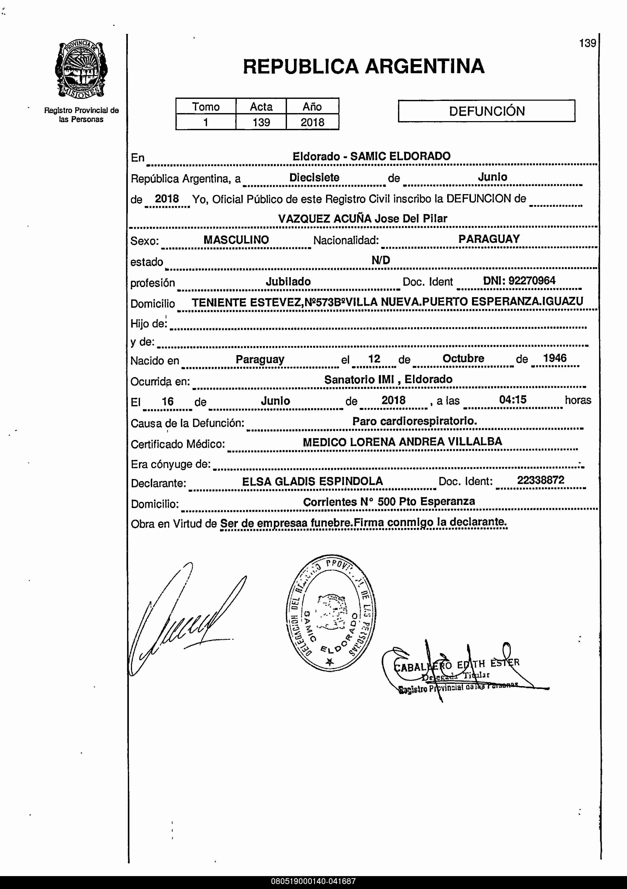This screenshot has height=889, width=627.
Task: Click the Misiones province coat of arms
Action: pyautogui.click(x=81, y=70)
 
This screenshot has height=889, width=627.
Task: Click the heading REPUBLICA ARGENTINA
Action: pyautogui.click(x=363, y=66)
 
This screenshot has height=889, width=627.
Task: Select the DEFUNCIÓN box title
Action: pyautogui.click(x=486, y=111)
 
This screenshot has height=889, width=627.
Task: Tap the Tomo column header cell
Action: pyautogui.click(x=206, y=106)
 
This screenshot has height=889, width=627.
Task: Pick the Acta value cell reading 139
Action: pyautogui.click(x=261, y=122)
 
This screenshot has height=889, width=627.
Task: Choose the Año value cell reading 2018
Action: pyautogui.click(x=312, y=122)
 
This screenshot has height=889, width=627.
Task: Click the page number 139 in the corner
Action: pyautogui.click(x=587, y=43)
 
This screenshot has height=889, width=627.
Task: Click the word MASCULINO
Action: pyautogui.click(x=236, y=240)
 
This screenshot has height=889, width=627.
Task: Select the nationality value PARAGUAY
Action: pyautogui.click(x=489, y=239)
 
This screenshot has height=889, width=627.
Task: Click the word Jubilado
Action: pyautogui.click(x=288, y=282)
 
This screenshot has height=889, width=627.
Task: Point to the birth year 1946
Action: pyautogui.click(x=555, y=358)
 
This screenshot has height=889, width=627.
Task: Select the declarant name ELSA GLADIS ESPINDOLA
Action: pyautogui.click(x=312, y=481)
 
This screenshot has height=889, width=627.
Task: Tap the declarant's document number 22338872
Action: pyautogui.click(x=540, y=480)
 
